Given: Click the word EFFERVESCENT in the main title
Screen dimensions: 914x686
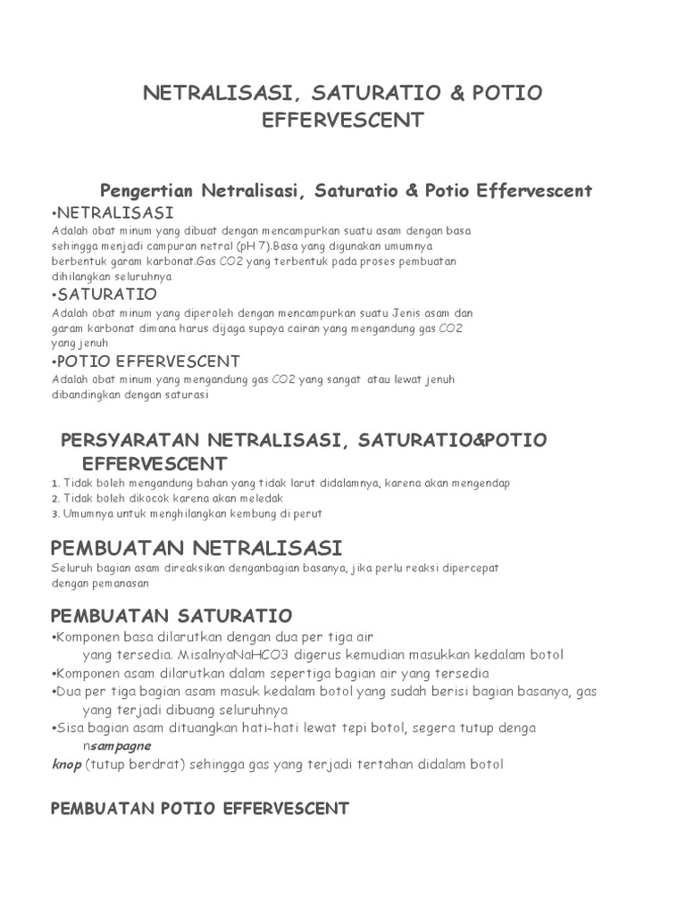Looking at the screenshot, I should [x=342, y=120].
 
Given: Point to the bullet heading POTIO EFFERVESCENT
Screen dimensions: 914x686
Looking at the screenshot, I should [x=148, y=361].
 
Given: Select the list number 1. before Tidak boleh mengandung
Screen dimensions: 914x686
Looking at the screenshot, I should [x=54, y=484].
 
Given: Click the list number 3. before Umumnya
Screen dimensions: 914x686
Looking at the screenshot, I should [x=54, y=514].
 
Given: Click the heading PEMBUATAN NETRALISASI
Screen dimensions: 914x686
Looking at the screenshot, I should [x=197, y=547].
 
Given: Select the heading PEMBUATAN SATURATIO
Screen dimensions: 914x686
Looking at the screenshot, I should [x=171, y=616].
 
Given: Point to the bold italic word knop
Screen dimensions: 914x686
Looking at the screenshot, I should [x=66, y=764].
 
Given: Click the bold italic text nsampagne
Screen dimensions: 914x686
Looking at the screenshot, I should [x=117, y=745].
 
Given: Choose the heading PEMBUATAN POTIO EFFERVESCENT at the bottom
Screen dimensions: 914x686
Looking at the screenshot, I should [x=200, y=809].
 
